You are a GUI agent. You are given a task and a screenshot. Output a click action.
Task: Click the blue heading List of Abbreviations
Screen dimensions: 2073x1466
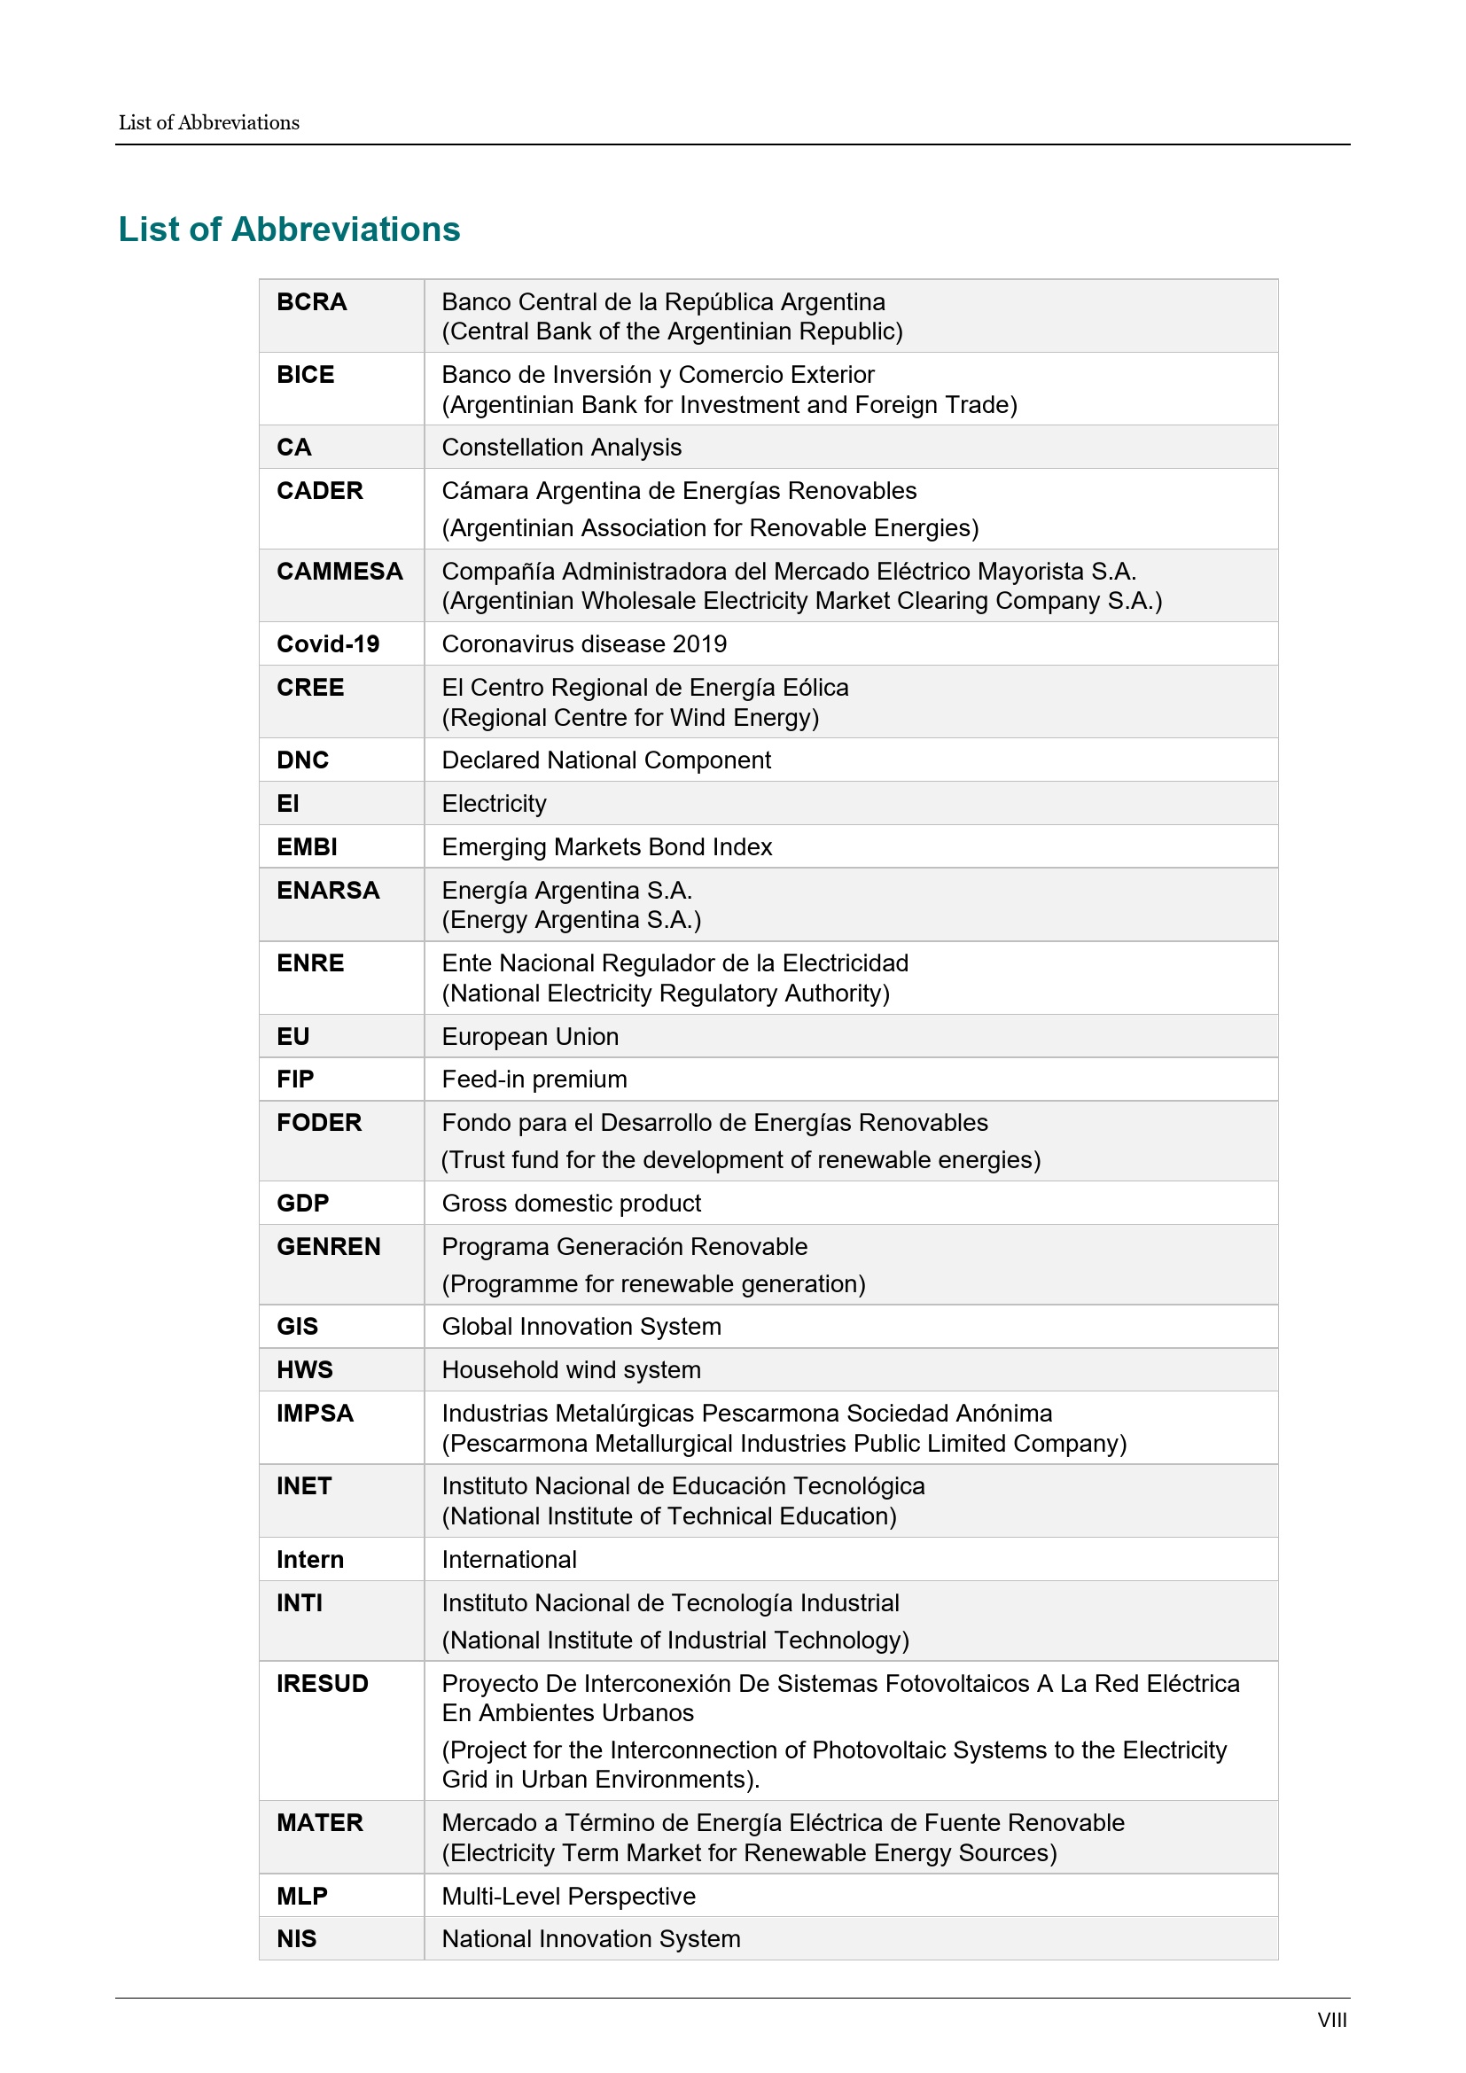pos(289,230)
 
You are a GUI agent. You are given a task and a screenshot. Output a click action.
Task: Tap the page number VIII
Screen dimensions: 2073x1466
pos(1331,2020)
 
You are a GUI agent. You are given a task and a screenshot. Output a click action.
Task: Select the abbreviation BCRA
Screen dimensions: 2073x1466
pos(311,301)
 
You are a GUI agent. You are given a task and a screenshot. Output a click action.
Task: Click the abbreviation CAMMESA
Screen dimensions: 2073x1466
pos(339,571)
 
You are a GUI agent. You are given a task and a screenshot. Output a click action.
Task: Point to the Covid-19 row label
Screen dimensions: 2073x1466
pos(328,643)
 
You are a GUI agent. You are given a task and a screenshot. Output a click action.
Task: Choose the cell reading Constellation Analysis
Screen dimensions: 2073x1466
pos(561,447)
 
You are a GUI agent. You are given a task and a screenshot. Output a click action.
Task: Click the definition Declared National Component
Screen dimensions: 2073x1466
pos(605,760)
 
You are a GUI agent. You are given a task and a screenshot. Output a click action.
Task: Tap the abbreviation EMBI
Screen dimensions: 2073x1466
pos(307,847)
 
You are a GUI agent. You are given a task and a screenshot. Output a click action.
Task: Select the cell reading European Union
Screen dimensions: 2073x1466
pos(530,1037)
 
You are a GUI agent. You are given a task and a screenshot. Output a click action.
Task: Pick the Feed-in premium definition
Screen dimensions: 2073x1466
pos(534,1079)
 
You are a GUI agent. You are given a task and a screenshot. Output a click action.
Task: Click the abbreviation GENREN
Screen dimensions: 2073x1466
pos(329,1246)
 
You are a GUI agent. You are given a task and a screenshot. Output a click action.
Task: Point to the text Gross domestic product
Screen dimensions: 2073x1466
pos(572,1203)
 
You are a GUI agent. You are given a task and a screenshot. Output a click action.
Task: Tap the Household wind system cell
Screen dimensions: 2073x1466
pos(572,1369)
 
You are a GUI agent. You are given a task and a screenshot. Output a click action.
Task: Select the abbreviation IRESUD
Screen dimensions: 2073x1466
pos(323,1683)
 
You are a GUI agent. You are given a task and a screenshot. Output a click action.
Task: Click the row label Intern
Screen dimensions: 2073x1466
pos(309,1559)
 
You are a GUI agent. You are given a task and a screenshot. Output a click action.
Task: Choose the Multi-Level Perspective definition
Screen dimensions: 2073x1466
pos(569,1896)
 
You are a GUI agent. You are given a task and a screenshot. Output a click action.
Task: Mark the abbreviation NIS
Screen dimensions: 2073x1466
pos(296,1938)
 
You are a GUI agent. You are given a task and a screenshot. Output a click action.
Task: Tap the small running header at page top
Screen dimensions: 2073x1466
pos(208,123)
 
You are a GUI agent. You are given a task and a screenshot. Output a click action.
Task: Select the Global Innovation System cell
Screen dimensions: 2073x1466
pos(581,1327)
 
